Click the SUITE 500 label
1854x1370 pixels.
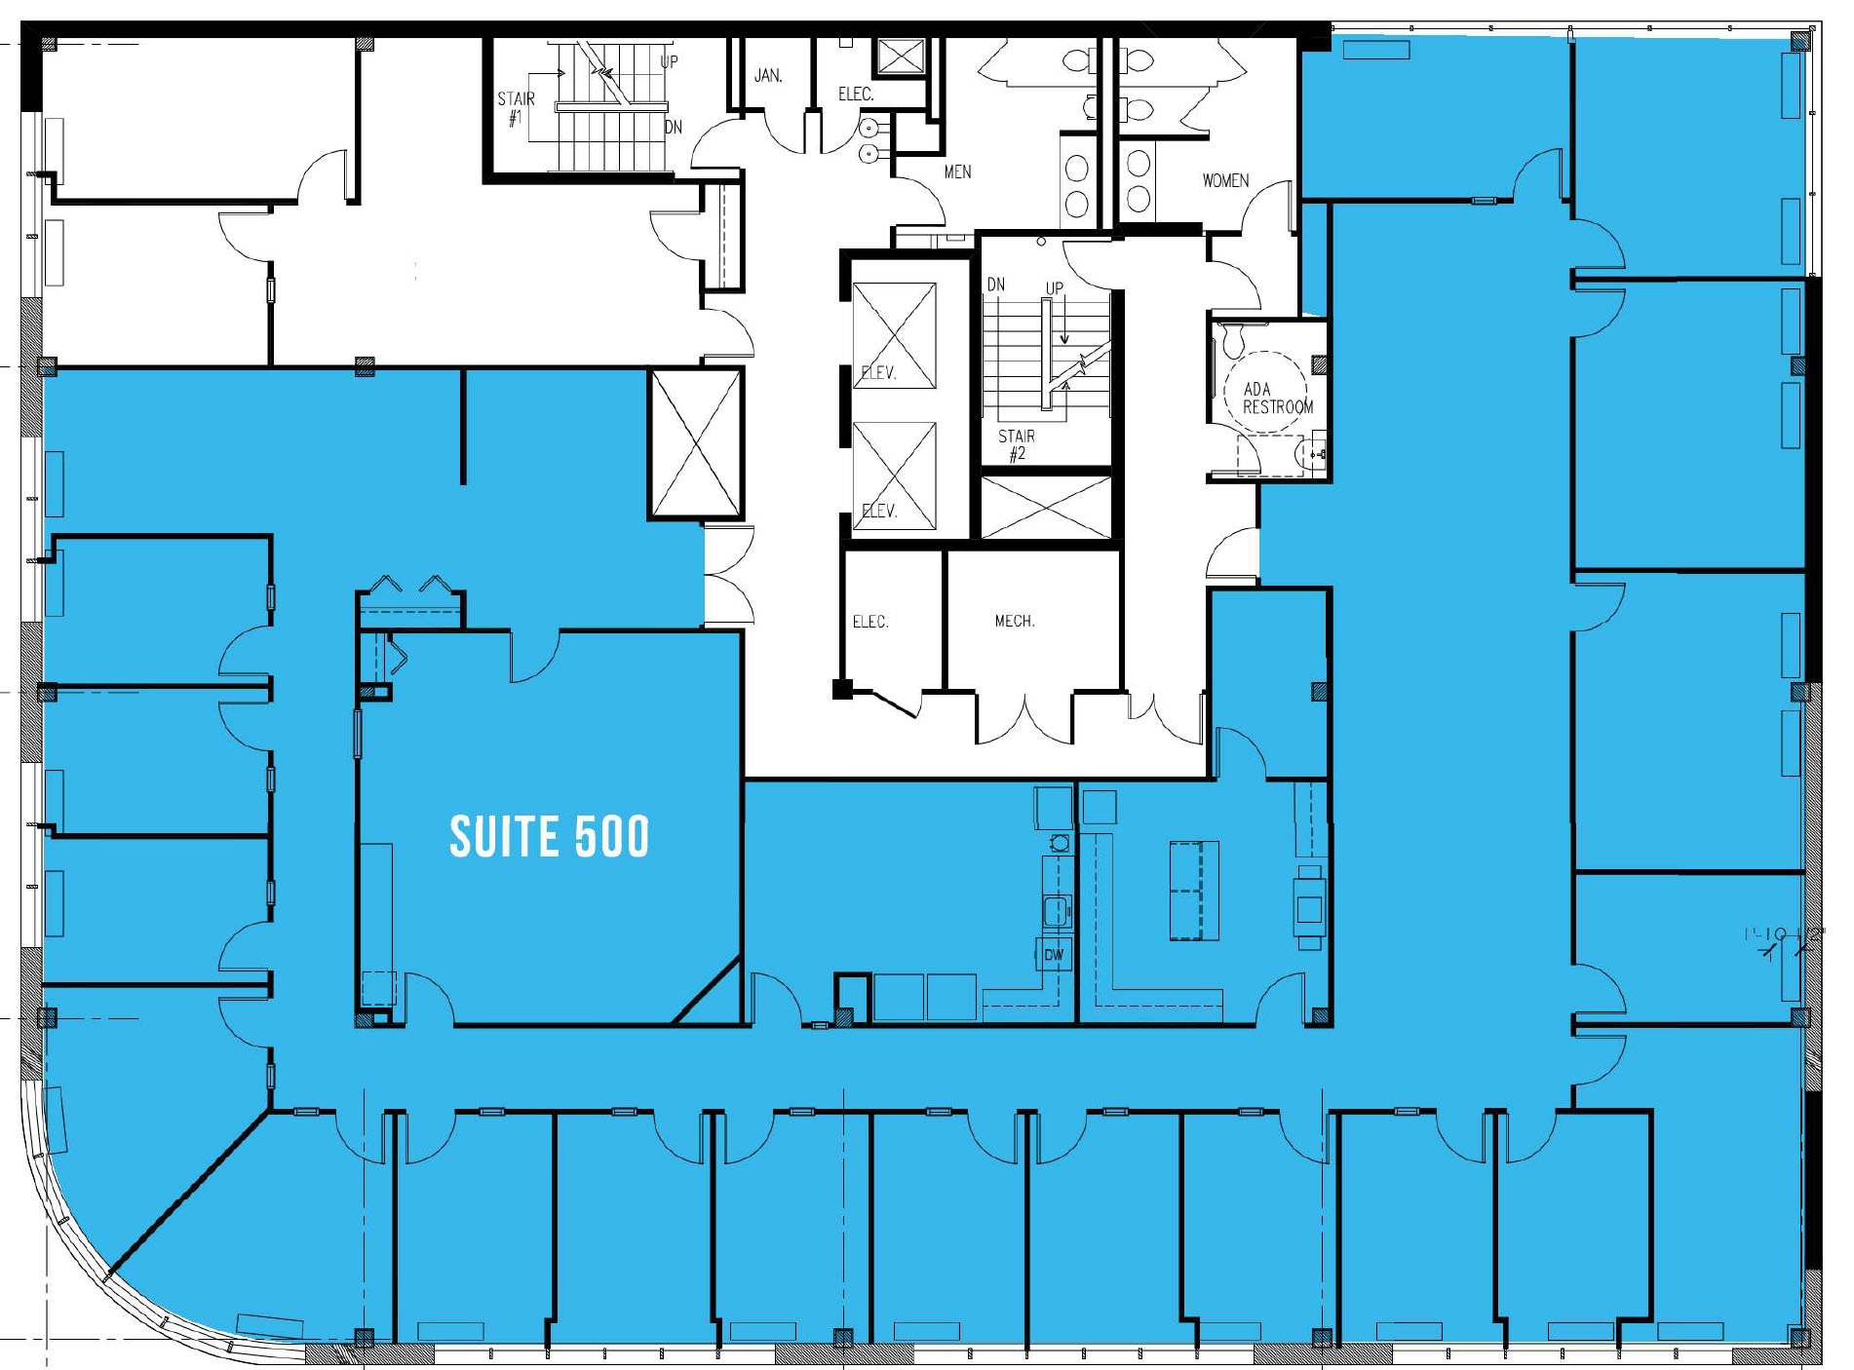coord(549,836)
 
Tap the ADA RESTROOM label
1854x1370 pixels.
coord(1276,398)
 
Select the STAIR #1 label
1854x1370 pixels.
coord(516,108)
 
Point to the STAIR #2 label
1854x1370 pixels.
coord(1017,444)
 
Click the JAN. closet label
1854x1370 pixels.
coord(768,75)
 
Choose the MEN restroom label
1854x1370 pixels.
coord(957,171)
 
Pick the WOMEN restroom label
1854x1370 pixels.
coord(1224,180)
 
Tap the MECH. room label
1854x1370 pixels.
coord(1014,621)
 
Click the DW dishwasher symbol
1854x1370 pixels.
coord(1054,955)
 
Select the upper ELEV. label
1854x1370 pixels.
coord(878,372)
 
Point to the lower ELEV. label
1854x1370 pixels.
coord(878,511)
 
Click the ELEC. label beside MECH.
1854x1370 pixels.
coord(869,622)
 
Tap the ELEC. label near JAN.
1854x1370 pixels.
coord(855,94)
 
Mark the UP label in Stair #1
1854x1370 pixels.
coord(669,61)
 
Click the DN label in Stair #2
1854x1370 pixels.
coord(995,285)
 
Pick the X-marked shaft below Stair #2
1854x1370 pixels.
coord(1046,508)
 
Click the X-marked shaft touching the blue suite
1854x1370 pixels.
coord(696,444)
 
